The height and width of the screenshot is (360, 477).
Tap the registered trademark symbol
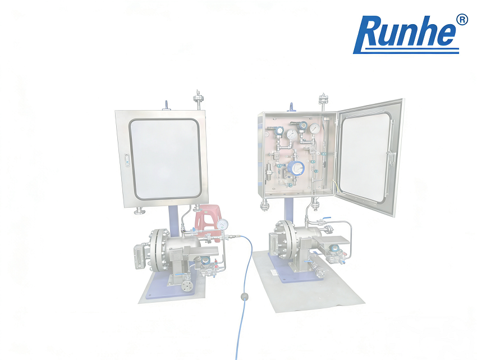462,19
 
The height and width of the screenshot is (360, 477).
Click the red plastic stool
206,219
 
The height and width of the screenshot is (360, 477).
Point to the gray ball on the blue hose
244,296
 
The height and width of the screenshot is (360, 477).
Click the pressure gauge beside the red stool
224,224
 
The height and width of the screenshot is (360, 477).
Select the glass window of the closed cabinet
164,158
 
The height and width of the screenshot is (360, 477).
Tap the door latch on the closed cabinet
127,161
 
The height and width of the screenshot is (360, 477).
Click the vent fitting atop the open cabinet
323,102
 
